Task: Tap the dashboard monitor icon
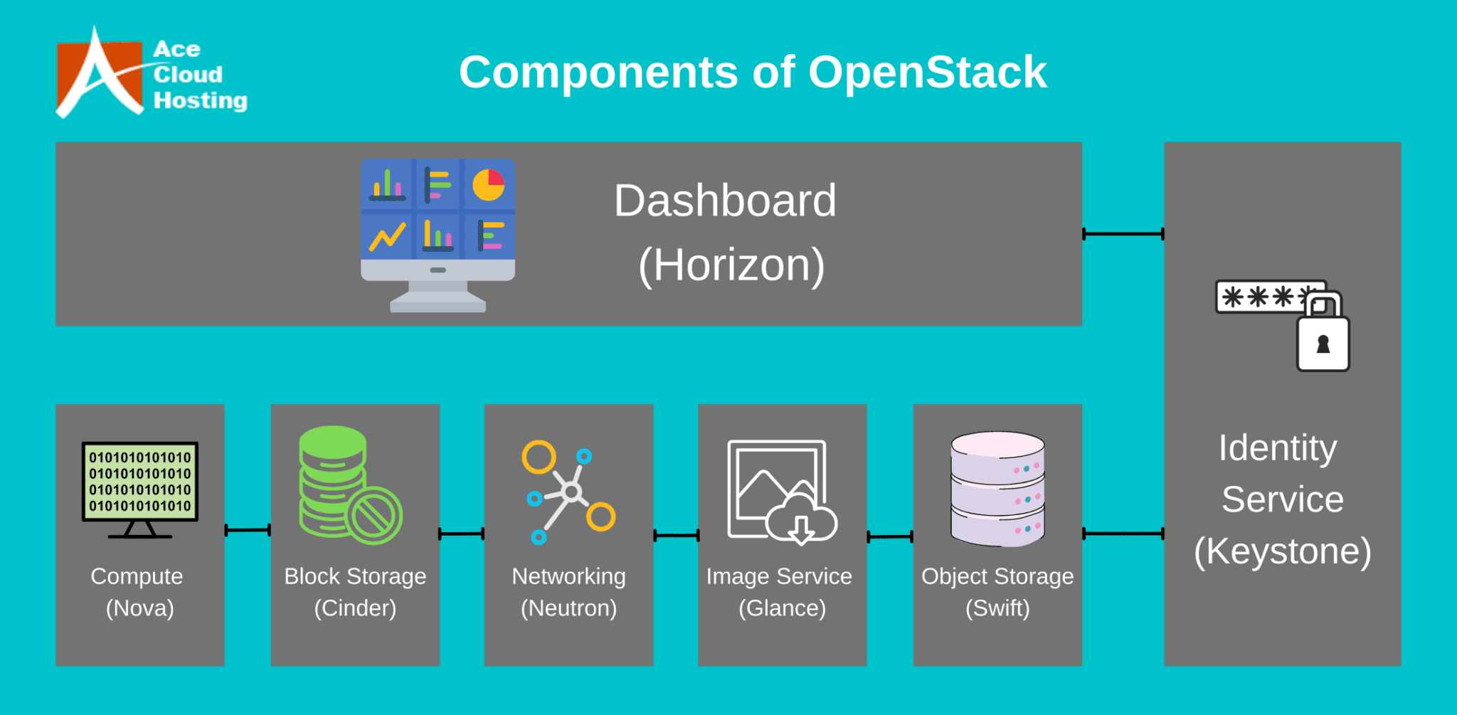[x=438, y=235]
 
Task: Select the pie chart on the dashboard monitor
[x=489, y=185]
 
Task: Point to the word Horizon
[x=731, y=265]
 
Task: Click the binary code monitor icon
[x=140, y=489]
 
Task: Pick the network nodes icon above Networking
[x=568, y=492]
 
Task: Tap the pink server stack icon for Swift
[x=997, y=489]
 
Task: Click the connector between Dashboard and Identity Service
[x=1123, y=233]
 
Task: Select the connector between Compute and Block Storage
[x=248, y=530]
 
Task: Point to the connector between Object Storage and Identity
[x=1123, y=534]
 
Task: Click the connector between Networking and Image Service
[x=676, y=536]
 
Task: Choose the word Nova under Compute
[x=140, y=608]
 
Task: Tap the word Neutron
[x=568, y=608]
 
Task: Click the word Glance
[x=783, y=608]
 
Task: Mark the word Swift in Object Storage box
[x=997, y=608]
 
